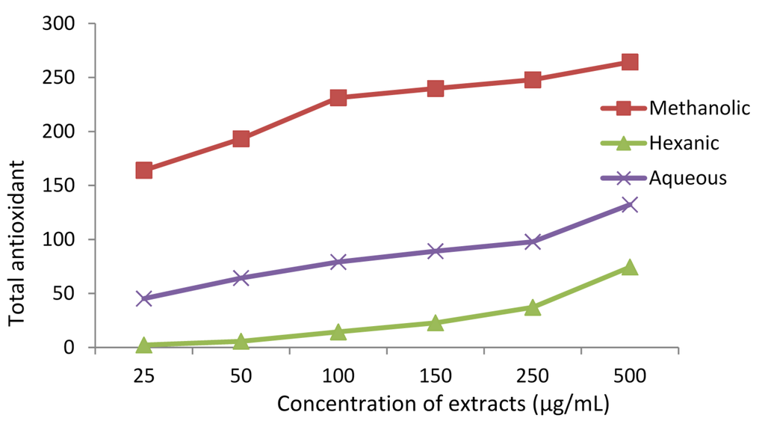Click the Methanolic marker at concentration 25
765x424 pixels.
144,170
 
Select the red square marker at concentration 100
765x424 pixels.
338,98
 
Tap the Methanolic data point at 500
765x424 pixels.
629,62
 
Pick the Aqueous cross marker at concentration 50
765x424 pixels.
241,278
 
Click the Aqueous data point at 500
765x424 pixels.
629,205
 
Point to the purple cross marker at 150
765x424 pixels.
435,251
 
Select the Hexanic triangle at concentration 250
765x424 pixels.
532,307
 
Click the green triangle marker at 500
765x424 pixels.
629,267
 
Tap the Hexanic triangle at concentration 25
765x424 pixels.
144,345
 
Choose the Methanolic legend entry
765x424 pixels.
699,108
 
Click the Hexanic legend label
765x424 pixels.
684,143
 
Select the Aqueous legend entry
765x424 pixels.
687,177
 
